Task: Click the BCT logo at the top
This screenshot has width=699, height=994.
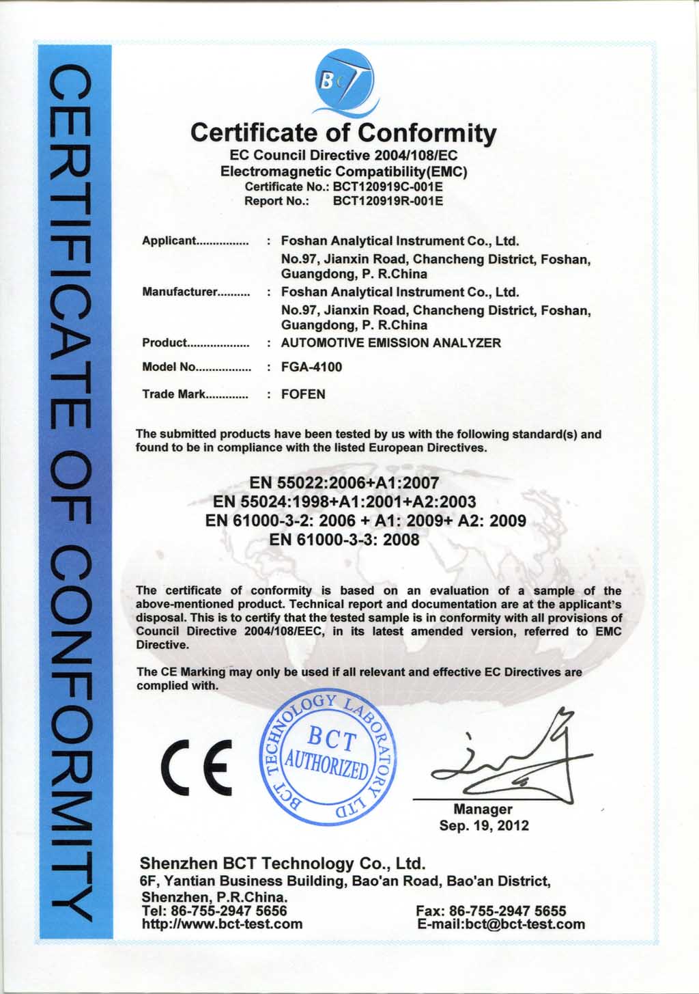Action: (x=345, y=85)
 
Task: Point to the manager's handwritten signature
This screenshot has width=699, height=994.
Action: (x=512, y=758)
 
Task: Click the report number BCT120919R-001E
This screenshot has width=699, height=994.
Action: (x=388, y=201)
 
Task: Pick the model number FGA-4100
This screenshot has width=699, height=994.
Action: (x=311, y=367)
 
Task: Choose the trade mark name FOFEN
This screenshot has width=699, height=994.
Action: (x=303, y=394)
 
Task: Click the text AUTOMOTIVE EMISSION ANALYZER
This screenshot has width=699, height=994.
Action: (x=390, y=343)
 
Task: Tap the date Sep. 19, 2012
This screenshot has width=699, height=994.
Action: (x=483, y=825)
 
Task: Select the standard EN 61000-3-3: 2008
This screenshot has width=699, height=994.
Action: (x=344, y=540)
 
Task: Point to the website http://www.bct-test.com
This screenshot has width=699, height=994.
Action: (x=222, y=924)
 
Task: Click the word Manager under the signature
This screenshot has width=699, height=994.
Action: (x=483, y=810)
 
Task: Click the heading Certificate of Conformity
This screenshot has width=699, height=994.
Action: (x=343, y=133)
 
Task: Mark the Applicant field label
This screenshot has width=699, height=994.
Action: (x=169, y=241)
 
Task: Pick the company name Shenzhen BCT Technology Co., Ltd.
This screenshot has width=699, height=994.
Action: (x=283, y=864)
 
